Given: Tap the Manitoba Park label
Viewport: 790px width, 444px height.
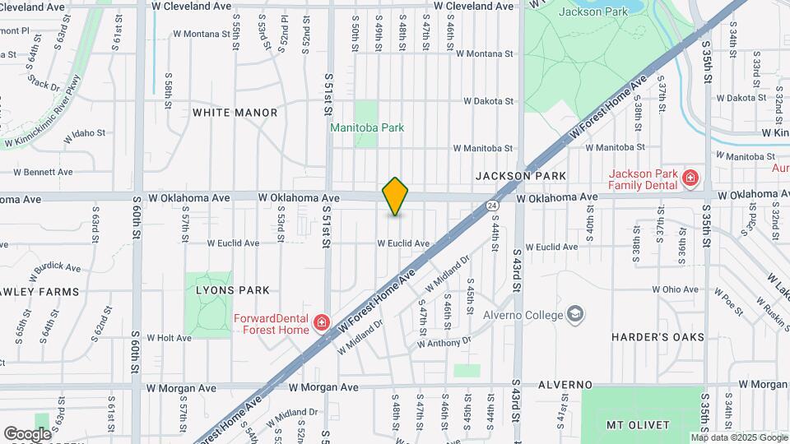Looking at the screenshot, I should [x=367, y=127].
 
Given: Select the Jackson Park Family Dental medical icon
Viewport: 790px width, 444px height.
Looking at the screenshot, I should [x=690, y=178].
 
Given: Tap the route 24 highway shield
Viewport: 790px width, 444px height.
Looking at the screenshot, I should [x=491, y=204].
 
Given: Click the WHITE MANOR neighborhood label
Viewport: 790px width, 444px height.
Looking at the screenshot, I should [x=235, y=113].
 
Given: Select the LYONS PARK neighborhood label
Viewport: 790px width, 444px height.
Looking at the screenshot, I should [x=233, y=290].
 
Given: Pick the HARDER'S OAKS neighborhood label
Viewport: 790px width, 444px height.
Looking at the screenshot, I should [x=658, y=337].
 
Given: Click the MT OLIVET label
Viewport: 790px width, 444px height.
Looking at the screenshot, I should [x=638, y=425].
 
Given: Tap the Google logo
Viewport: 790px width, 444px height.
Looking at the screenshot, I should [x=26, y=433].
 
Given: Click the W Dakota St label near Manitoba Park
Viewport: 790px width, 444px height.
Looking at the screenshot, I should [x=488, y=102].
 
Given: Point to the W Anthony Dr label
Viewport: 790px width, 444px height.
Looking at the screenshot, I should [x=444, y=340].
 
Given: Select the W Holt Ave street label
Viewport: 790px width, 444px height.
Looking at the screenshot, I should [x=169, y=337].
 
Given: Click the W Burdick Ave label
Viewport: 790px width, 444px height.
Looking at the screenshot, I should [x=55, y=268].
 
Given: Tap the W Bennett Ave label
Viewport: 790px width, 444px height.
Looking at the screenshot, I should [x=43, y=173].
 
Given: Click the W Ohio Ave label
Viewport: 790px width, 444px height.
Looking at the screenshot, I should [x=676, y=289].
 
